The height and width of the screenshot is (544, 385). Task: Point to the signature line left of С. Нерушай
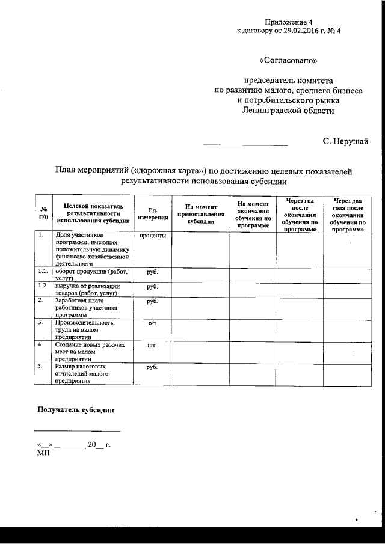245,145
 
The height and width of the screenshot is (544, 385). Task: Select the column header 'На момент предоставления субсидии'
200,214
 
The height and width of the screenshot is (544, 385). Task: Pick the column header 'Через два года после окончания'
348,214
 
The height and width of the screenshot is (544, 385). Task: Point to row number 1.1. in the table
43,272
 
